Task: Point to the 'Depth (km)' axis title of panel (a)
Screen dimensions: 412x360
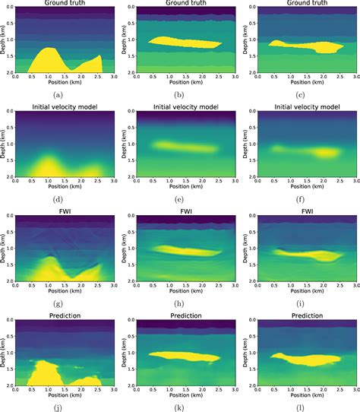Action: (x=5, y=41)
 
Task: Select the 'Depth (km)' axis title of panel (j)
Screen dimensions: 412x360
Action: (x=5, y=353)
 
